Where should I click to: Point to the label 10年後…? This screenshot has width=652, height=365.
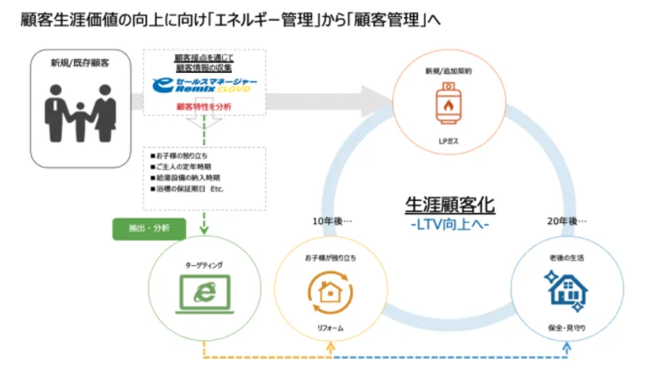[328, 221]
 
